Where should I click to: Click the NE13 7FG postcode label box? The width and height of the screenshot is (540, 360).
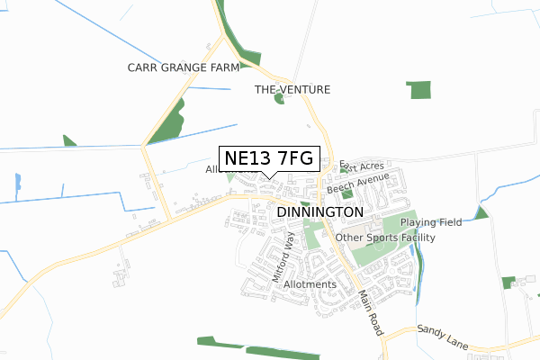click(269, 158)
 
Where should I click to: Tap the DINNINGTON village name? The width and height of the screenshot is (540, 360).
click(321, 211)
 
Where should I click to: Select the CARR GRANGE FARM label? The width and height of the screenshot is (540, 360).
click(183, 67)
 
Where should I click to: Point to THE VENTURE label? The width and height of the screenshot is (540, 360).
click(292, 90)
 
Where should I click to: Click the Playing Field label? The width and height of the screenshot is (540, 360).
click(431, 222)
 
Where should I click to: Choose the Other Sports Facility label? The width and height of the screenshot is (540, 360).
click(385, 238)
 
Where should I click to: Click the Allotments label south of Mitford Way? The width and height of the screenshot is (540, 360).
click(310, 284)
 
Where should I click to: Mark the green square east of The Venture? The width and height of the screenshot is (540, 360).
click(418, 89)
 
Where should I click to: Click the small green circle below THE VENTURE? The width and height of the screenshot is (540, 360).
click(279, 98)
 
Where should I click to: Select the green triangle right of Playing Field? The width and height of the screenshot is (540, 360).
click(481, 213)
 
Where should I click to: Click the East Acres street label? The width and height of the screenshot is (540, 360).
click(364, 167)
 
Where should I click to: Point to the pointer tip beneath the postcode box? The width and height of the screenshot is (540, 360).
click(269, 175)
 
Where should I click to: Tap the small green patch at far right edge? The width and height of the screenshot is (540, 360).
click(508, 282)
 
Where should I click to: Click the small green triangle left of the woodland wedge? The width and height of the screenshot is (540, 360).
click(69, 140)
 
